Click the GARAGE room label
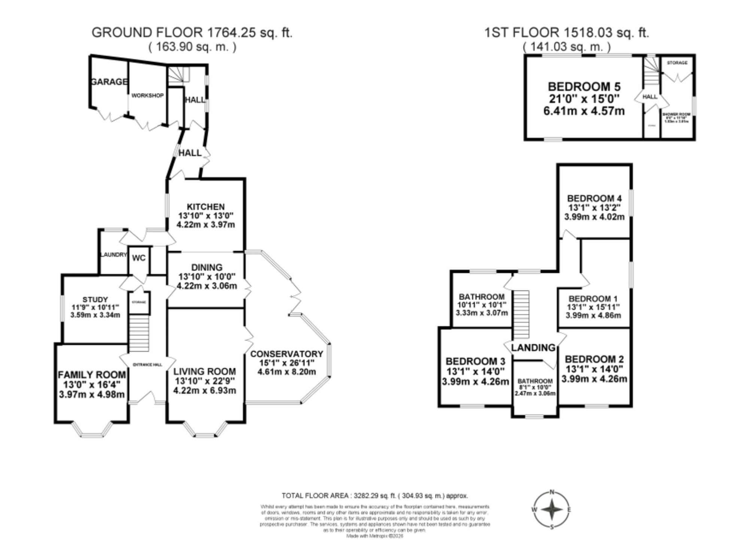(x=109, y=82)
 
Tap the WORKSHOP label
(x=147, y=96)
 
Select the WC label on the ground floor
(x=139, y=258)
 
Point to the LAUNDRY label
(x=114, y=255)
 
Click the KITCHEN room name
(x=206, y=207)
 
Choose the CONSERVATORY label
(x=286, y=354)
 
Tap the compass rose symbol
(x=552, y=510)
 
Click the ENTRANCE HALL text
(x=148, y=364)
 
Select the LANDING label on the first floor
(x=533, y=348)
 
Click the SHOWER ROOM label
(x=676, y=114)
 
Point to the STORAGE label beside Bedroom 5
(x=677, y=63)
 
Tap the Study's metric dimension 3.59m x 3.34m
(x=95, y=315)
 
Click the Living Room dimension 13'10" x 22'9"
(x=204, y=381)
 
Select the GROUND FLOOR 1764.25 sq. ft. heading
(x=192, y=33)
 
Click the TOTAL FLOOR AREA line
(x=374, y=496)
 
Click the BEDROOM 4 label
(x=594, y=198)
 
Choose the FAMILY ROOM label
(x=92, y=375)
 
